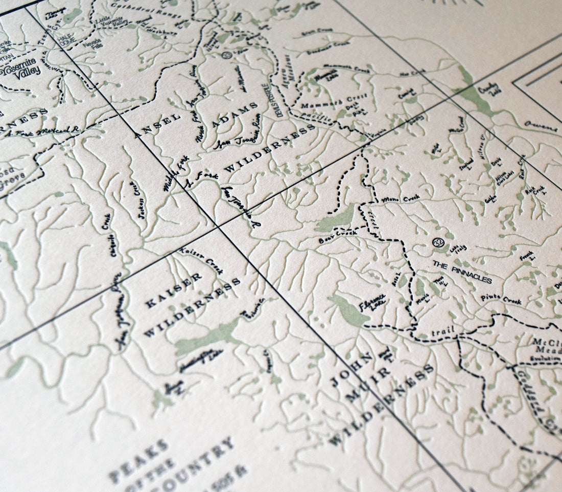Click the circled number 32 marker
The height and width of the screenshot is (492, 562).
point(438,242)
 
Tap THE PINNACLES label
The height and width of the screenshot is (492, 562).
point(462,272)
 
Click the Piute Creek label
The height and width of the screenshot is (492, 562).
point(501,299)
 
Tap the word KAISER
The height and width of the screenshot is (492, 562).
point(174,290)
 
